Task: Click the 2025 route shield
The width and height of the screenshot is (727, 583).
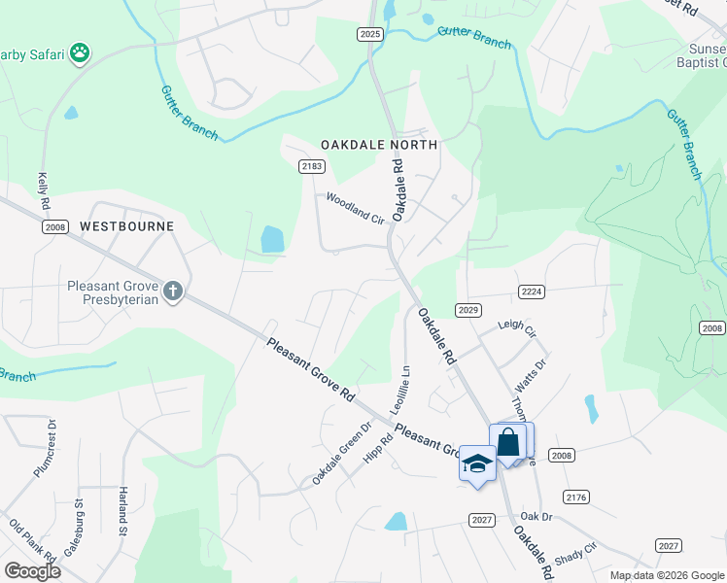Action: (370, 34)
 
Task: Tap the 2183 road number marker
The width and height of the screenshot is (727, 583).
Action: (311, 166)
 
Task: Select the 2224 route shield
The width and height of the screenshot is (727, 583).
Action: (531, 291)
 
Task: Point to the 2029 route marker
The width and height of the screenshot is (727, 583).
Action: (468, 310)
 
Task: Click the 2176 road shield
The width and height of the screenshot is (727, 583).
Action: (576, 497)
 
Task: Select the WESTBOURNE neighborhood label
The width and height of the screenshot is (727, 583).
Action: (126, 226)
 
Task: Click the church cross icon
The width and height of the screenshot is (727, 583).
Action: (173, 291)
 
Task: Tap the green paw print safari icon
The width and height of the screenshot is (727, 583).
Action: (80, 52)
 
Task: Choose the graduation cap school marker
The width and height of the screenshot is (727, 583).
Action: (477, 463)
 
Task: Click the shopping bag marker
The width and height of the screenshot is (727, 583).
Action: (508, 442)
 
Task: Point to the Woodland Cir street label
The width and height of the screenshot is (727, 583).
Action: (355, 208)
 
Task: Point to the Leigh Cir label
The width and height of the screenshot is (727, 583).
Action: (517, 330)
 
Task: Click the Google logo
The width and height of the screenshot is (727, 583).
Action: (32, 571)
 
